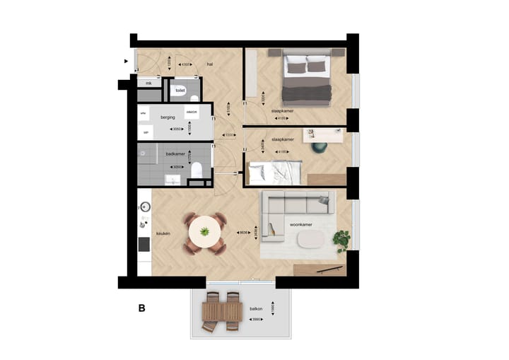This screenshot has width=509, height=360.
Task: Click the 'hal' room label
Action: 210,64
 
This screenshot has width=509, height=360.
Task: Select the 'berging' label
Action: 168,117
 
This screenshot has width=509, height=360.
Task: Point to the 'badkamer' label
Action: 175,153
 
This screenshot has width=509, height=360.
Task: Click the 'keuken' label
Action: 164,233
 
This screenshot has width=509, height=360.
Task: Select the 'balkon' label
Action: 255,309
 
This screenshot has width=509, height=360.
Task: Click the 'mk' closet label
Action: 148,83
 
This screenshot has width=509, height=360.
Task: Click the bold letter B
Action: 142,308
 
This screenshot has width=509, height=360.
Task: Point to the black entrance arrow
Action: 127,62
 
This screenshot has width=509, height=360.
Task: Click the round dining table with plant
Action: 204,231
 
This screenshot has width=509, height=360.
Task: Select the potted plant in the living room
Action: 342,240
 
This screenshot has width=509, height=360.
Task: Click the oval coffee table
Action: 309,240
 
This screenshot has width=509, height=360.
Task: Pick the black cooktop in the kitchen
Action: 144,244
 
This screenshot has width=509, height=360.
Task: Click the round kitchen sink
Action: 145,207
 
